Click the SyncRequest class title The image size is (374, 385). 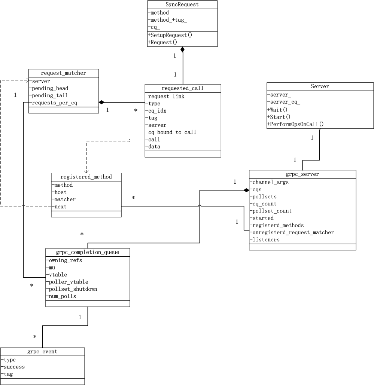click(x=182, y=5)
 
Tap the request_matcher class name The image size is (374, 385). click(x=63, y=73)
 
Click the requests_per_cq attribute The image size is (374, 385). click(x=55, y=103)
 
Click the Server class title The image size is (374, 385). click(x=320, y=86)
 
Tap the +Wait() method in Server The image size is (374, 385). click(x=277, y=110)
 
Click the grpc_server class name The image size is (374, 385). click(x=302, y=175)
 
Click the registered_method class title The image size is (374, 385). click(x=86, y=177)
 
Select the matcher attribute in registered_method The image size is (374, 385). click(x=65, y=199)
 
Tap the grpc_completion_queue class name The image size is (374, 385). click(x=87, y=252)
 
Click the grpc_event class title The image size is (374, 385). click(x=42, y=352)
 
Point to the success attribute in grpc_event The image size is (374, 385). click(x=15, y=367)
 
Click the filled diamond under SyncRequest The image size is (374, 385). click(x=183, y=49)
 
